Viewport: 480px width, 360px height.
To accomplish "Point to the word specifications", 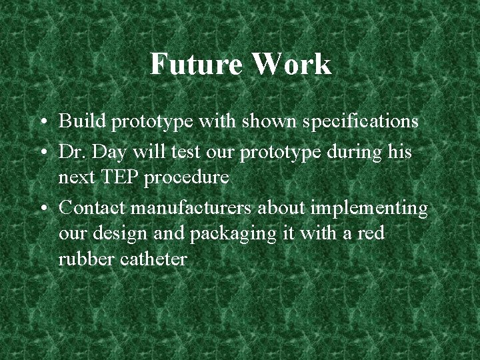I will pos(359,122).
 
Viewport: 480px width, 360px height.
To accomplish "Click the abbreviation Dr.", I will pos(70,153).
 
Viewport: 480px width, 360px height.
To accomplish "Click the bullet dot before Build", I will pos(43,123).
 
